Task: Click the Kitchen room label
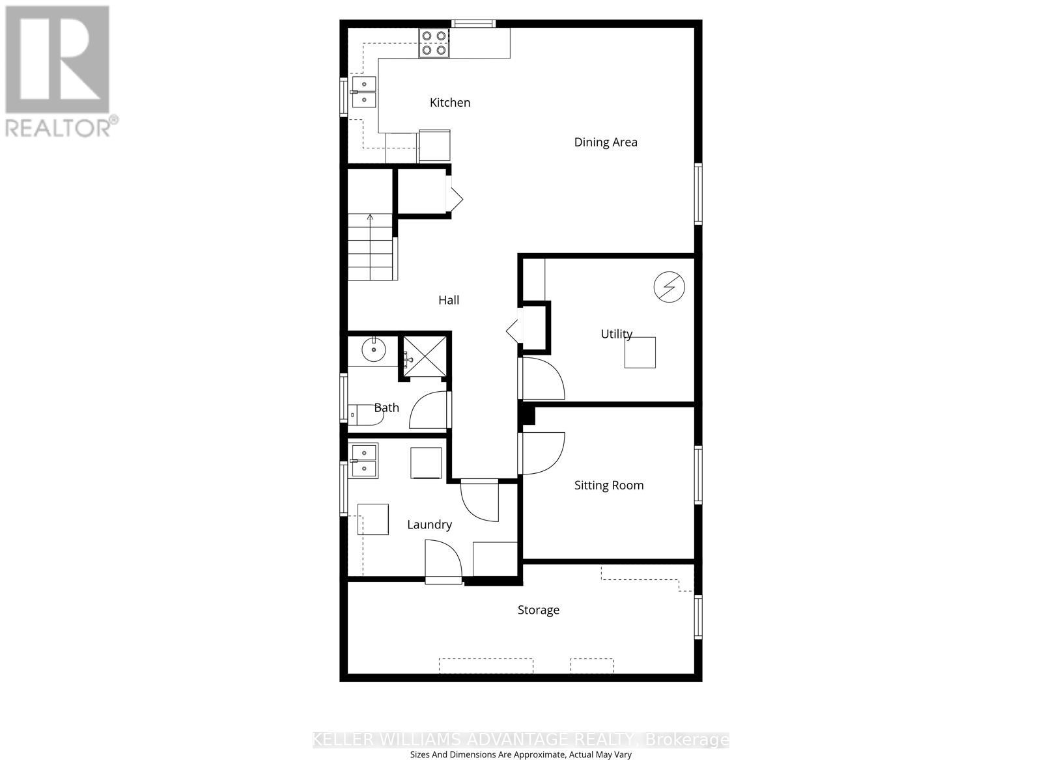click(x=450, y=102)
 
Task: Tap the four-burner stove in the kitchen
click(x=434, y=43)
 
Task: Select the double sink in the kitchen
click(x=364, y=92)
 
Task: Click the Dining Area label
click(x=605, y=142)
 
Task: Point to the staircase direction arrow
click(x=371, y=218)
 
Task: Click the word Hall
click(x=449, y=300)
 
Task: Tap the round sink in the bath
click(x=374, y=349)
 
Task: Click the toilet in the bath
click(x=365, y=414)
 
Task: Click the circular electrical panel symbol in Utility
click(x=669, y=287)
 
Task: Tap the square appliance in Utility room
click(x=640, y=352)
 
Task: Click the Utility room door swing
click(x=542, y=379)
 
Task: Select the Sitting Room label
click(x=608, y=485)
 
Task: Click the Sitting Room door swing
click(x=542, y=453)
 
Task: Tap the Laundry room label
click(x=429, y=525)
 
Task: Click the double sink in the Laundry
click(x=364, y=460)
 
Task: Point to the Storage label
click(x=538, y=610)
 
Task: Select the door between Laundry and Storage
click(x=443, y=563)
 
